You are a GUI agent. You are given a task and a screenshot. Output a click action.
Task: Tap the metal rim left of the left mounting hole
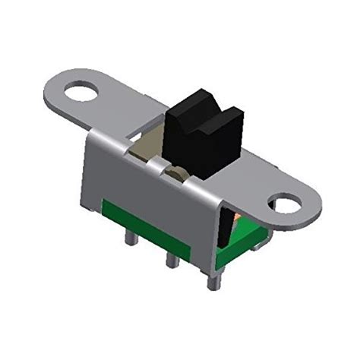59,91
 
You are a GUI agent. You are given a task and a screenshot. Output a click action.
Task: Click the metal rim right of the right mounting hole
310,207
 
